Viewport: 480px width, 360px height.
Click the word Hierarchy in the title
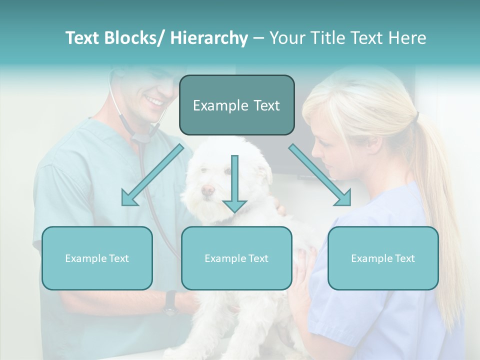tap(209, 38)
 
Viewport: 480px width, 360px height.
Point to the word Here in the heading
tap(408, 38)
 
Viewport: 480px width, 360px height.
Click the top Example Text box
tap(236, 105)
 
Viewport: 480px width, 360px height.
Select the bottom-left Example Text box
tap(97, 258)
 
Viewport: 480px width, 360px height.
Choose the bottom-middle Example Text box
tap(236, 258)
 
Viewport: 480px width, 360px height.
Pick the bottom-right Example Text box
tap(383, 258)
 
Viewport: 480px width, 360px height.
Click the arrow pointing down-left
tap(150, 176)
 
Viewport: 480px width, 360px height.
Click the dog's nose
tap(207, 190)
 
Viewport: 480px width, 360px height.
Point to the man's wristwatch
tap(171, 303)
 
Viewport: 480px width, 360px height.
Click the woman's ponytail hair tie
tap(416, 118)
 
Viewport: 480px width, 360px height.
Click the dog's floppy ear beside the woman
tap(265, 172)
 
